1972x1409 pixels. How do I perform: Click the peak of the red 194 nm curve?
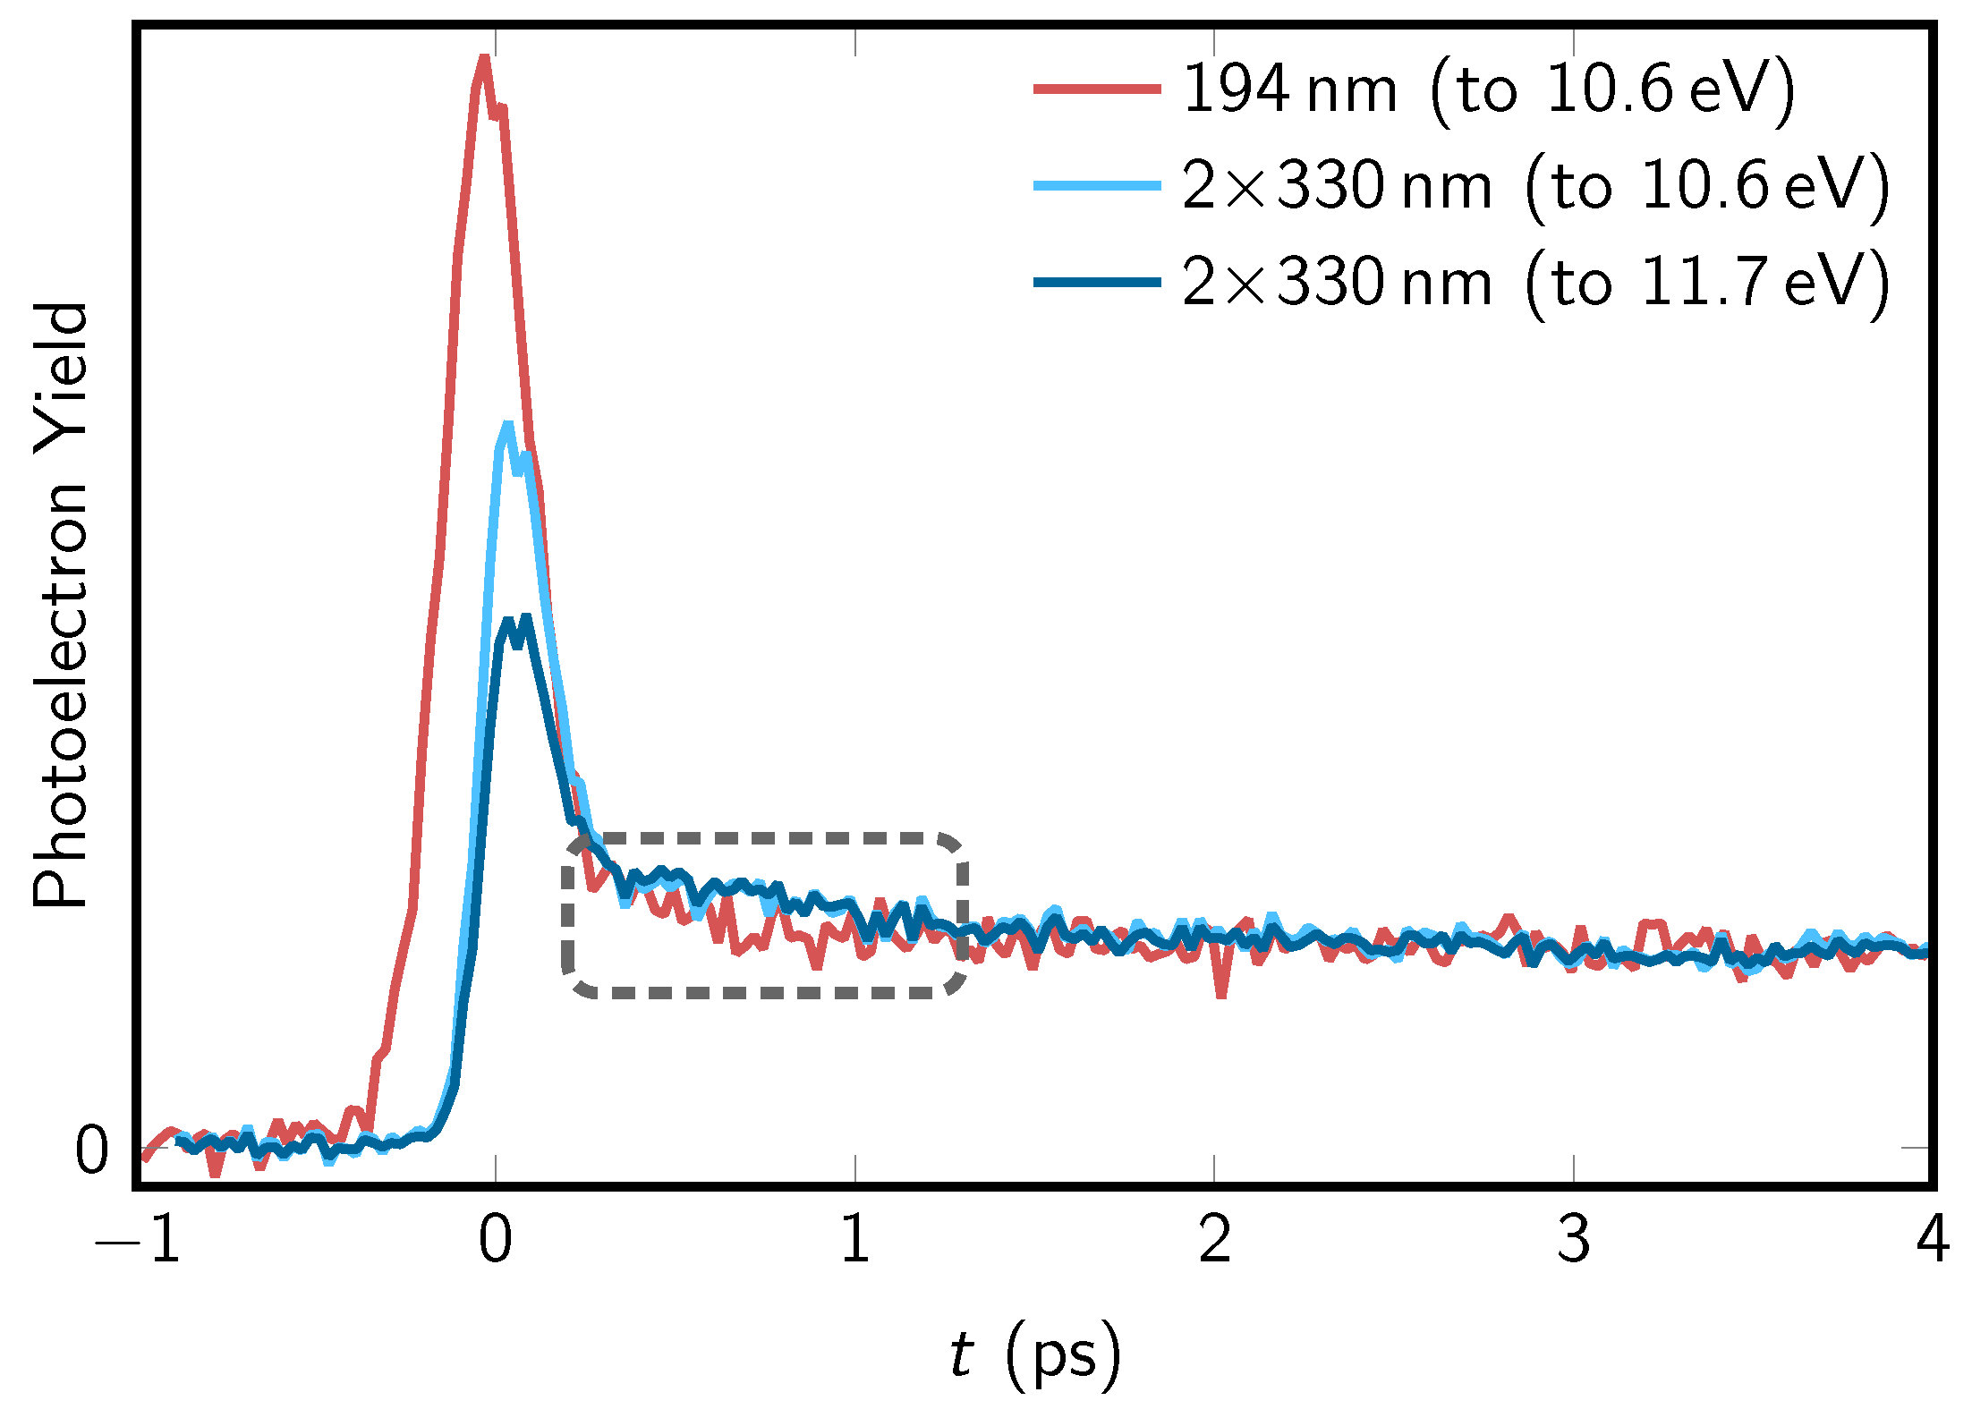click(484, 59)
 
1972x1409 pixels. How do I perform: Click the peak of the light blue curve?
click(508, 426)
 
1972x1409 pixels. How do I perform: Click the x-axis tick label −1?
click(139, 1239)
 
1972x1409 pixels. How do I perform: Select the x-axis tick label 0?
click(496, 1239)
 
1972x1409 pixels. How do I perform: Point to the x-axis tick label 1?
click(855, 1239)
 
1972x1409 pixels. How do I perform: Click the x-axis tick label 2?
click(1214, 1239)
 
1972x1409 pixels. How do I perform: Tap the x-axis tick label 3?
click(1574, 1239)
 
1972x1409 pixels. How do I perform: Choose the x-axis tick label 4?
click(1933, 1239)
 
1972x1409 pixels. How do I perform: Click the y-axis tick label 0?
click(91, 1150)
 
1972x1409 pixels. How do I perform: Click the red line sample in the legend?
click(1097, 89)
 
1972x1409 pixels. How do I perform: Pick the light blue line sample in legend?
click(1097, 185)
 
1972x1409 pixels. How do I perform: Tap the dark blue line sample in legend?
click(1097, 282)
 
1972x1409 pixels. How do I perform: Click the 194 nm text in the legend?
click(1289, 89)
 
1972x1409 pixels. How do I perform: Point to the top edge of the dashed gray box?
click(765, 838)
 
